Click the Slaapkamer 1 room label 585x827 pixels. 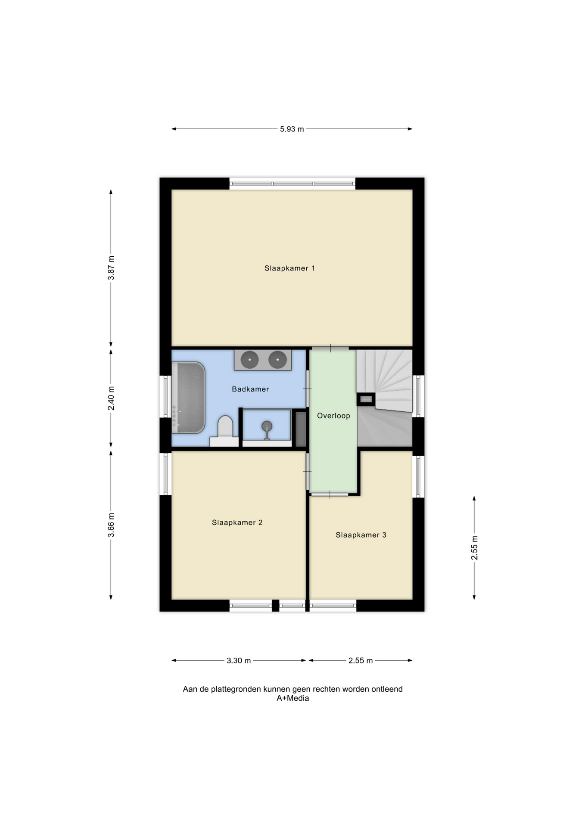(x=289, y=268)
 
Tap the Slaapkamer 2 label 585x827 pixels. (x=237, y=522)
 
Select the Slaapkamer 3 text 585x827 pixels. (x=361, y=535)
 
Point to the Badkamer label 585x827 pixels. (x=250, y=389)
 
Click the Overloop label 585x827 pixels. (x=333, y=416)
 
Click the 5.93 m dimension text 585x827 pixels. (x=292, y=129)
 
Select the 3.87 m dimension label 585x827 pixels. (x=111, y=268)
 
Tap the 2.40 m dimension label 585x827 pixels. (x=111, y=398)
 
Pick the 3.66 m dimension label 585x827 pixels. (x=111, y=525)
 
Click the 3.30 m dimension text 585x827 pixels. (x=239, y=660)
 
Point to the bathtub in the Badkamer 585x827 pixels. (x=188, y=398)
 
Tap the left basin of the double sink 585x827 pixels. (x=249, y=360)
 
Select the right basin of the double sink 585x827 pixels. (x=277, y=360)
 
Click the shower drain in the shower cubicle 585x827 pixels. (x=267, y=426)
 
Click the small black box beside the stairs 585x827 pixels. (x=366, y=399)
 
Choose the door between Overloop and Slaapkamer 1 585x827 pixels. (x=330, y=348)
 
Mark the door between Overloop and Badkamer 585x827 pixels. (x=307, y=389)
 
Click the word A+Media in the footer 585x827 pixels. (x=292, y=698)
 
